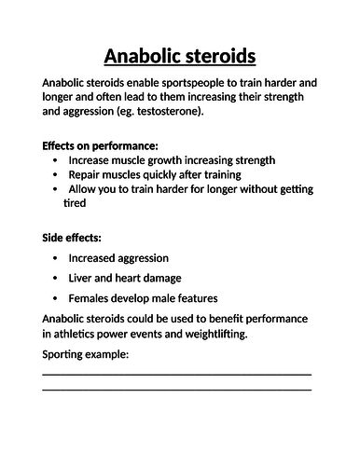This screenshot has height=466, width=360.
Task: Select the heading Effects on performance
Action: click(100, 145)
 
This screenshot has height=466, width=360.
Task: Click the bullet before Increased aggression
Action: click(57, 257)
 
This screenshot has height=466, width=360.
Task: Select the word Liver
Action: click(83, 278)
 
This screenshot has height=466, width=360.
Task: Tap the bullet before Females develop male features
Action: click(57, 298)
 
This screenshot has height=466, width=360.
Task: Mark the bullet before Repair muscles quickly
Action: click(57, 174)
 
